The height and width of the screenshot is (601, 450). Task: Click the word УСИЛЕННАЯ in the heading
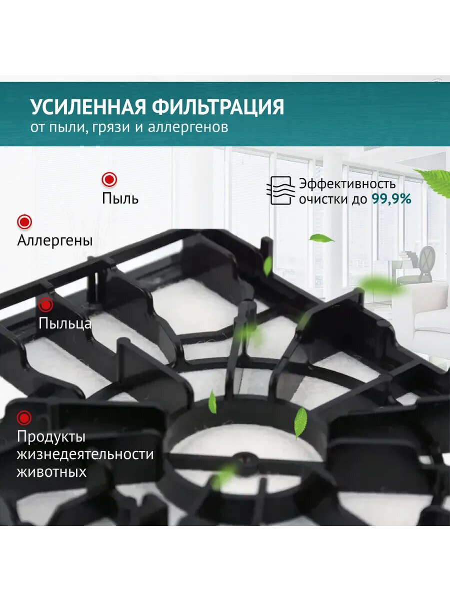87,107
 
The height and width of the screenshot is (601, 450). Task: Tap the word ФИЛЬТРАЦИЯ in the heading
218,107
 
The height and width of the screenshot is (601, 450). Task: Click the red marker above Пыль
109,179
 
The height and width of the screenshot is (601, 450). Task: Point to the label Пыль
120,198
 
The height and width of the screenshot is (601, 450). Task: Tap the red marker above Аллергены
24,221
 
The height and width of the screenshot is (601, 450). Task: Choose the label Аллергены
55,240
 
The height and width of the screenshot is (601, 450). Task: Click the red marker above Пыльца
45,305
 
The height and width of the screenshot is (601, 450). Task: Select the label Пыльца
65,323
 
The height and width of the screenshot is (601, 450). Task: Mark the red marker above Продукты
24,417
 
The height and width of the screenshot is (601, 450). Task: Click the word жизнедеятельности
85,454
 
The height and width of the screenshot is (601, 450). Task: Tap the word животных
51,472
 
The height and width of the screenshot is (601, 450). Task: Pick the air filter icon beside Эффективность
280,190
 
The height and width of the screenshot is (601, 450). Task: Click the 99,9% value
391,199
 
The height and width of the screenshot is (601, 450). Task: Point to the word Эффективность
347,183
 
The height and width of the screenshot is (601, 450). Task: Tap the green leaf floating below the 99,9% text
320,238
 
